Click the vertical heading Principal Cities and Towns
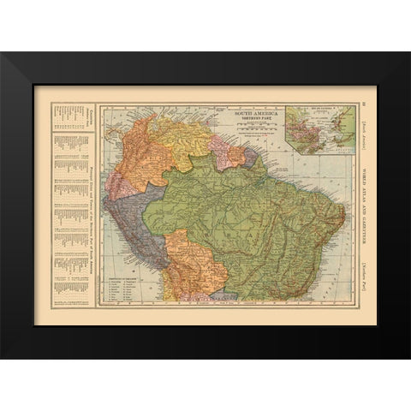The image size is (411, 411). pos(87,205)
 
